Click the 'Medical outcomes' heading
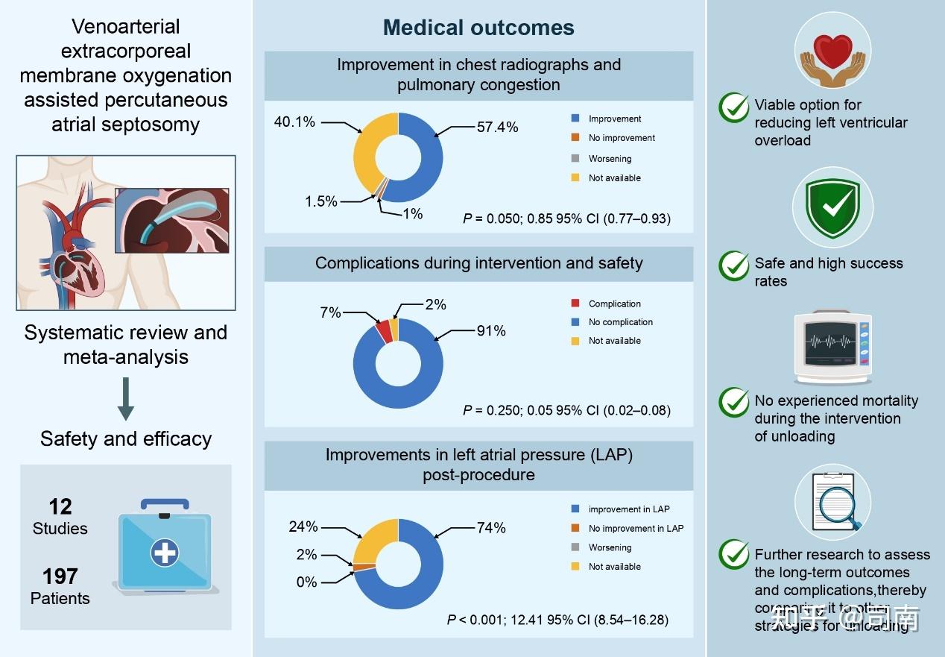point(478,28)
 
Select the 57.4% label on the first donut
point(497,127)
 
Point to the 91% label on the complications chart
point(491,330)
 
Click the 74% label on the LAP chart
point(491,528)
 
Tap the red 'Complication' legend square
point(575,304)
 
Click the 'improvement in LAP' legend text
point(629,509)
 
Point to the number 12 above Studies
point(60,507)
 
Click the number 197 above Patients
point(60,576)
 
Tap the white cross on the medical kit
point(165,553)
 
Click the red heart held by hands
point(832,51)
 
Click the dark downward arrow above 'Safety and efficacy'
point(126,398)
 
